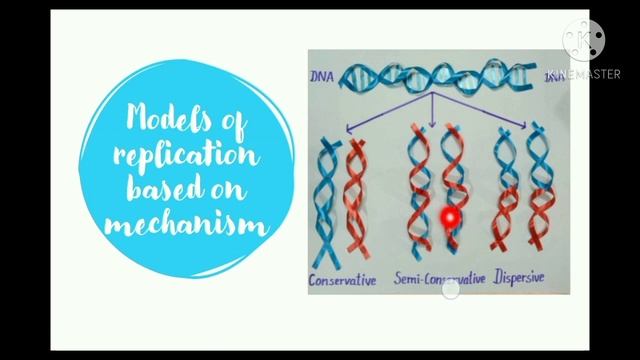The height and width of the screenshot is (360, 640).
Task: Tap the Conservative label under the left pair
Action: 344,281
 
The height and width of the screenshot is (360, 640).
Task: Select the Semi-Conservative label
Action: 440,279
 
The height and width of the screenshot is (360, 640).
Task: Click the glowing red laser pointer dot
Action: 449,216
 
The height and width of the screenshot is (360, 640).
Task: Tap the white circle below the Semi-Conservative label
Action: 451,291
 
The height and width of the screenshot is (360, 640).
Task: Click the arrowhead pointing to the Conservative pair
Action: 347,126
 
